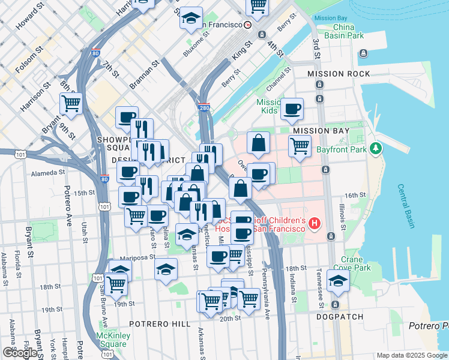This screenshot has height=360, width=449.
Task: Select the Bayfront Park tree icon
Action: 376,148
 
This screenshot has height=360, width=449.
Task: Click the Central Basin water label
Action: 405,205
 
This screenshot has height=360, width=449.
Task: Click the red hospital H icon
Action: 315,224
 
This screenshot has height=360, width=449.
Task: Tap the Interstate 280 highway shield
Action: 203,107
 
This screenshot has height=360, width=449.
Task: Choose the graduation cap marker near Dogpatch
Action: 339,281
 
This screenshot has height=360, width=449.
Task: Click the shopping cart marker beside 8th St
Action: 71,104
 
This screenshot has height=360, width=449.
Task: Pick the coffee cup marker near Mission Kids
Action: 292,109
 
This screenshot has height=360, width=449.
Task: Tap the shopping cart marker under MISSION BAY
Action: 299,146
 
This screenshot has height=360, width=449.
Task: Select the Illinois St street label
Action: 343,217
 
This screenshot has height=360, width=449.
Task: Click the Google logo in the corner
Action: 20,353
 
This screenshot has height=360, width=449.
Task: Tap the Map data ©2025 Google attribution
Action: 412,355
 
